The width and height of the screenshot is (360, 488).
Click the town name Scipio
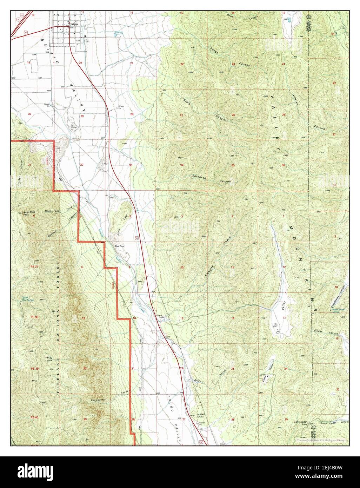[73, 24]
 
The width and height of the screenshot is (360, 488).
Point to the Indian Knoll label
[201, 416]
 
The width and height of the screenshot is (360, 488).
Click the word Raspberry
[98, 400]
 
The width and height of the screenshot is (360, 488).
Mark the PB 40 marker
[34, 417]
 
